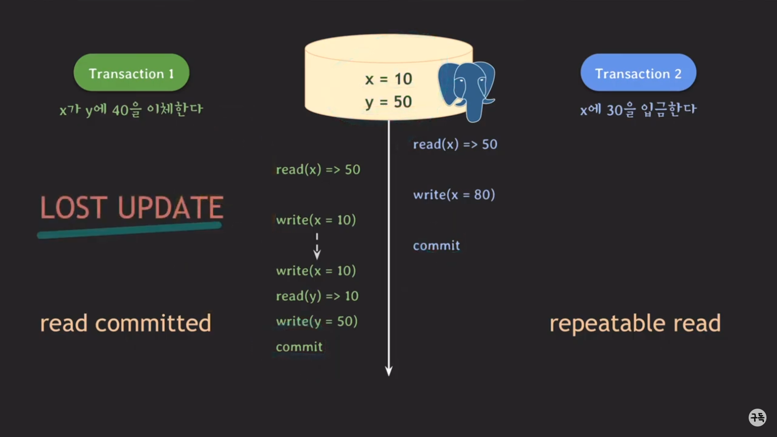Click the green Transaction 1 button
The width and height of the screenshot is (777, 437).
(x=131, y=73)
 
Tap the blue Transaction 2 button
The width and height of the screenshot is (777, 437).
(x=638, y=73)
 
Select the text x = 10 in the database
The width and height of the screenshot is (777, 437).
(x=388, y=79)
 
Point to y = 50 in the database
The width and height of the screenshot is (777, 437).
(x=388, y=102)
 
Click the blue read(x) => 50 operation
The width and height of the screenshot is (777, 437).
(x=455, y=144)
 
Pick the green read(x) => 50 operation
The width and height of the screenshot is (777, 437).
(x=318, y=170)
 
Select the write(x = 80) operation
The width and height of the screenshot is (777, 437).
(x=454, y=195)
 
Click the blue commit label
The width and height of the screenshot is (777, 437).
(x=436, y=246)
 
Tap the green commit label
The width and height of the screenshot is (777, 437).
(x=299, y=347)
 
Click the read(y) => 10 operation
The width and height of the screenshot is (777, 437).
(x=317, y=296)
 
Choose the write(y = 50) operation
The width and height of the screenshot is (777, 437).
(x=316, y=322)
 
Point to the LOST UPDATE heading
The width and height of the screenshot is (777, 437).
(x=132, y=208)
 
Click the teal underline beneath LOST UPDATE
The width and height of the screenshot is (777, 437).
(x=129, y=230)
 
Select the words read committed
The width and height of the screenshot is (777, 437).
(x=125, y=323)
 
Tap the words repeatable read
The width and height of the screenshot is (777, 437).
(x=635, y=323)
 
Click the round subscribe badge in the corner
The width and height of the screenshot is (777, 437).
(x=757, y=417)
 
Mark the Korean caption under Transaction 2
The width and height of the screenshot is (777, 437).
(x=638, y=110)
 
